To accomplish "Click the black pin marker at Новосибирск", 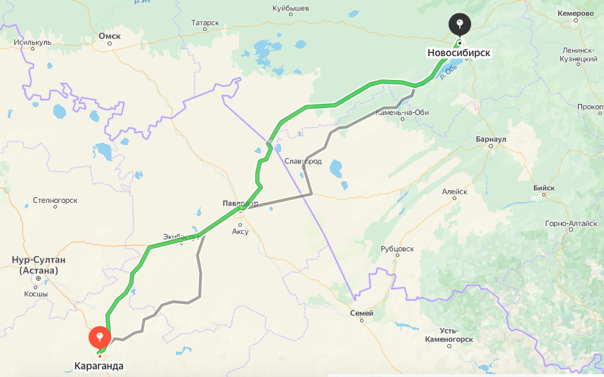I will coord(459,25).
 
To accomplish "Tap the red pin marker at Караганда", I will coord(100,338).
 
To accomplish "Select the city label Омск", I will coord(110,35).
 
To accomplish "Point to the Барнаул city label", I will coord(491,140).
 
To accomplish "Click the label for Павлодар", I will coord(240,204).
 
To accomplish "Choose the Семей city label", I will coord(362,312).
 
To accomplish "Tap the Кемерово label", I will coord(577,13).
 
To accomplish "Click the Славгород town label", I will coord(303,161).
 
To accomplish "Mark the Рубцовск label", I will coord(397,249).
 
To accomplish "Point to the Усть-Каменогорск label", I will coord(448,335).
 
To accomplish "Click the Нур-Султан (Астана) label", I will coord(39,265).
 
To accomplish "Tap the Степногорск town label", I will coord(55,201).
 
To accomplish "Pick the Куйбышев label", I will coord(291,9).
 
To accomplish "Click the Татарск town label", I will coord(205,22).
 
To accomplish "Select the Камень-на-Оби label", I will coord(402,112).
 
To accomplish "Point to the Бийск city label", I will coord(544,188).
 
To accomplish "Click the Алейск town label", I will coord(454,191).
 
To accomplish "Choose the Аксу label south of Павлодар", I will coord(240,231).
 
